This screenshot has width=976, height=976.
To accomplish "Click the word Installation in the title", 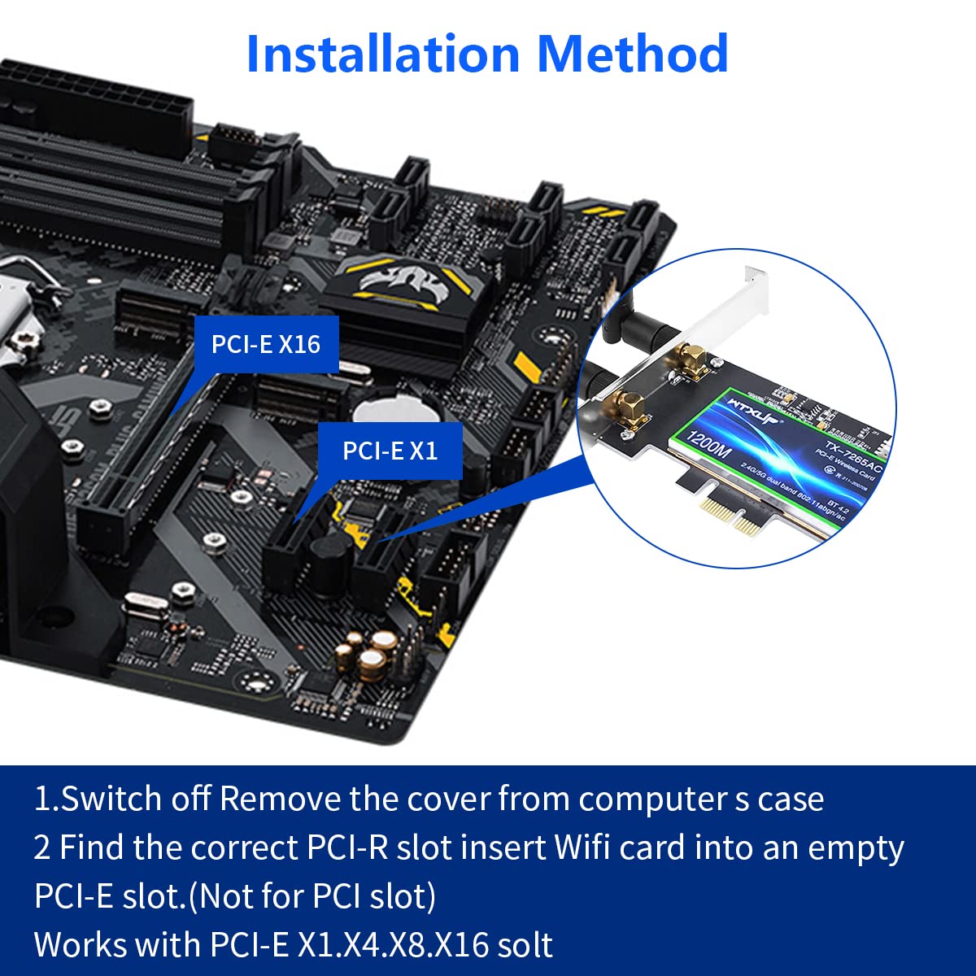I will point(383,54).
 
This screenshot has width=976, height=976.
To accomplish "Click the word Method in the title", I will point(632,54).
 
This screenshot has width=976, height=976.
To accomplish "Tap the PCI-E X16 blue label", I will point(266,344).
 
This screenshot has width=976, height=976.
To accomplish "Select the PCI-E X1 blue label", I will point(390,451).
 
